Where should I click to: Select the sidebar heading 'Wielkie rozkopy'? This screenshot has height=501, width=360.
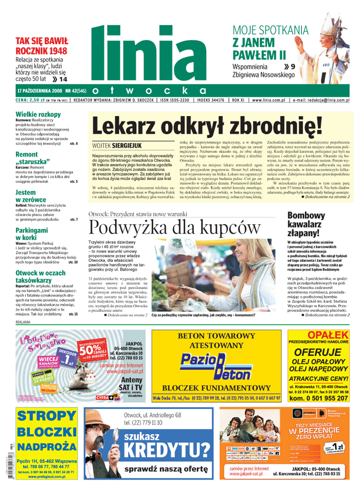click(38, 114)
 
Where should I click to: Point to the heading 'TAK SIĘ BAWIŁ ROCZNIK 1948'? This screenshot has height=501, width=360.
click(41, 46)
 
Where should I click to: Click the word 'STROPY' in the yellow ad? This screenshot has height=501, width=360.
click(47, 417)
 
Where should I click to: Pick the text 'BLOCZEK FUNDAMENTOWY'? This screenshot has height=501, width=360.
click(215, 388)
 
